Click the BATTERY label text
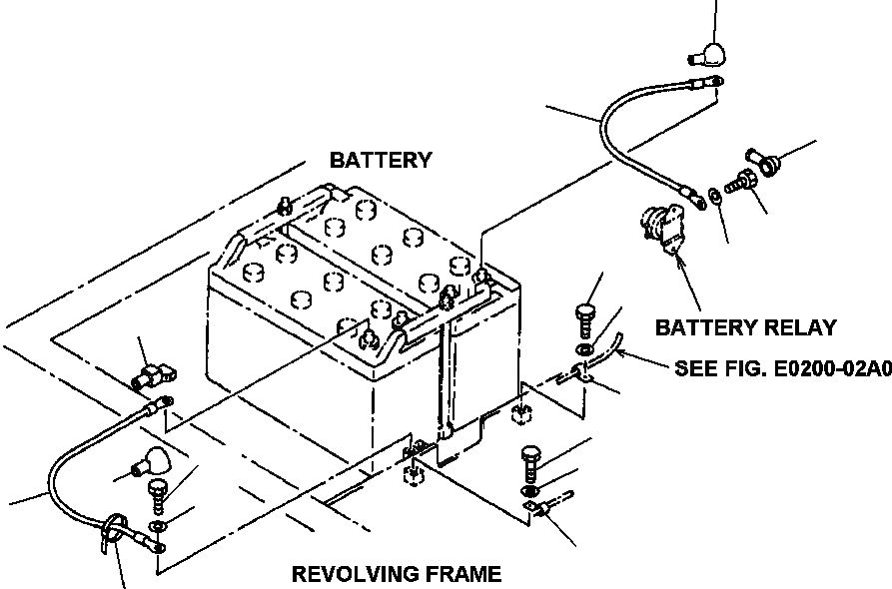pyautogui.click(x=381, y=161)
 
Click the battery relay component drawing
pyautogui.click(x=662, y=228)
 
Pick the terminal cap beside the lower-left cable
pyautogui.click(x=151, y=461)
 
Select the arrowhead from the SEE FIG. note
pyautogui.click(x=620, y=353)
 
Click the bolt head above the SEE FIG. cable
pyautogui.click(x=584, y=312)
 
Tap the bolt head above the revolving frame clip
pyautogui.click(x=530, y=455)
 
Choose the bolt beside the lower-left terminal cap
pyautogui.click(x=157, y=496)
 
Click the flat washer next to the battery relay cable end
pyautogui.click(x=715, y=196)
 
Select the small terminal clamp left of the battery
pyautogui.click(x=154, y=376)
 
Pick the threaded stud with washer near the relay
pyautogui.click(x=740, y=181)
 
